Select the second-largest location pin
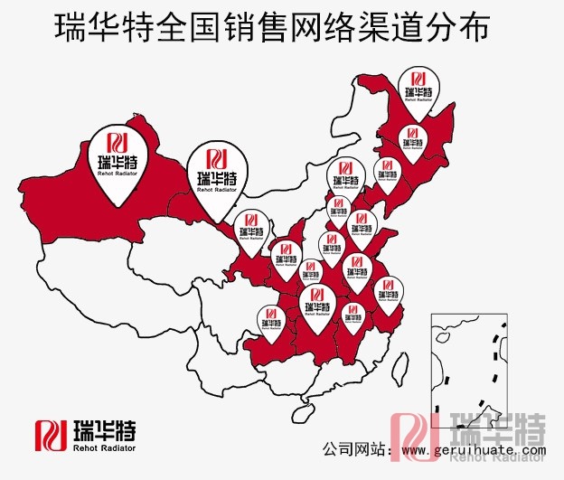(x=216, y=176)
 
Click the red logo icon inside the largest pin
(x=118, y=143)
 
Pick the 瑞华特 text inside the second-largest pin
(x=216, y=178)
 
